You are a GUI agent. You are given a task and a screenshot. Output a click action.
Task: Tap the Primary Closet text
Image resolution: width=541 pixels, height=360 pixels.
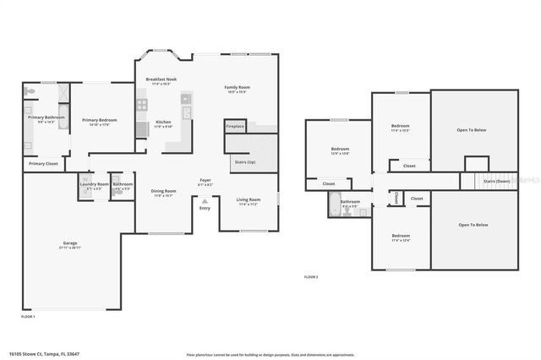coord(43,163)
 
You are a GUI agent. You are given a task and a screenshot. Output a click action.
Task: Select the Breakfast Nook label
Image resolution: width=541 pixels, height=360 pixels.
coord(161,79)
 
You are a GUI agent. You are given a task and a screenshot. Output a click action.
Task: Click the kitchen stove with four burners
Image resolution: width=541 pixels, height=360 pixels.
coord(142,106)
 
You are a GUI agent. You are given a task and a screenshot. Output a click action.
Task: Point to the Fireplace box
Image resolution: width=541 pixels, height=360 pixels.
coord(234,126)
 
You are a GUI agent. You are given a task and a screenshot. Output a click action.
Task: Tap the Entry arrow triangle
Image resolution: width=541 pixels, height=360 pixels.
coord(205,200)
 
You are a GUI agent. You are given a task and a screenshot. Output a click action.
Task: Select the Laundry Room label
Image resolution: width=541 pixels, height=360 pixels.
coord(94,184)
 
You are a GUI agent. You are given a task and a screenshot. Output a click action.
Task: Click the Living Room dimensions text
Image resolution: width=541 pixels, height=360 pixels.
coord(248,205)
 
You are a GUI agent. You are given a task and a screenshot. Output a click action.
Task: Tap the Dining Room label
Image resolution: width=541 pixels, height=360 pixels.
coord(163,191)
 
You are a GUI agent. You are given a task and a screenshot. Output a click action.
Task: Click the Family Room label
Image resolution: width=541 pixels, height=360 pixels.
coord(237,87)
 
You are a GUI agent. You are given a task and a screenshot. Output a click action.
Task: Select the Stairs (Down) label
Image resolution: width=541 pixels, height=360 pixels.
coord(496,181)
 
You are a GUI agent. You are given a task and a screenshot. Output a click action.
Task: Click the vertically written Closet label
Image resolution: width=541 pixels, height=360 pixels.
coord(396,198)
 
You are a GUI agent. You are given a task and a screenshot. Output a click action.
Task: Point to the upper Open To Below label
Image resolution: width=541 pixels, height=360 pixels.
coord(472,130)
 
